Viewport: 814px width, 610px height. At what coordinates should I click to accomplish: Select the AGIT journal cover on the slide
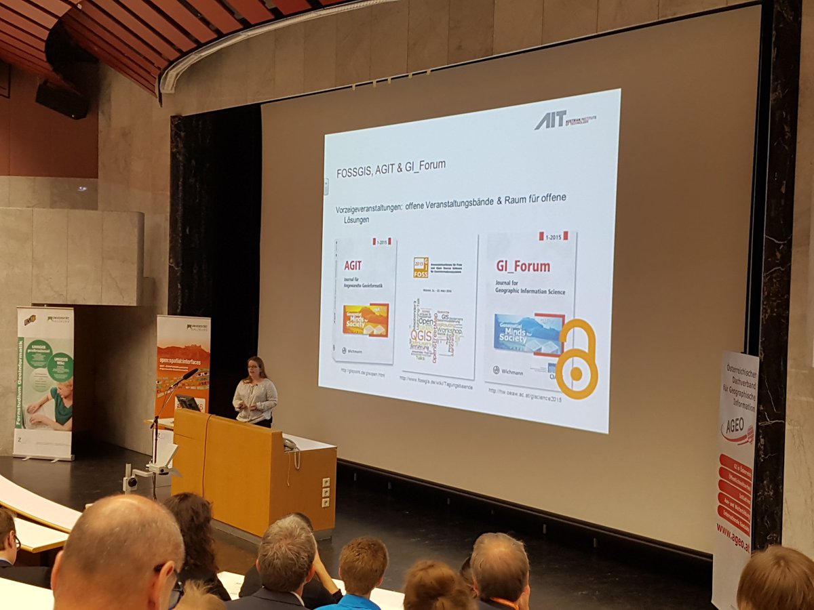pyautogui.click(x=364, y=300)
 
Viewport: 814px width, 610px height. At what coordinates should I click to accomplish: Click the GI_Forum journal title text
pyautogui.click(x=523, y=266)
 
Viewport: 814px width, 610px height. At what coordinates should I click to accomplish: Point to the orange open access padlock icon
pyautogui.click(x=577, y=360)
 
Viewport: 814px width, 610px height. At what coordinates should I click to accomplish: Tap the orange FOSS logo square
pyautogui.click(x=421, y=267)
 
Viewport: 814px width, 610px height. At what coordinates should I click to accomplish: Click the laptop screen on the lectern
pyautogui.click(x=187, y=403)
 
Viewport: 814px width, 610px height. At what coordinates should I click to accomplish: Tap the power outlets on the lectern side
pyautogui.click(x=326, y=492)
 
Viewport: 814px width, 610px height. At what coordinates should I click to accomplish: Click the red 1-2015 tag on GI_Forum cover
pyautogui.click(x=554, y=235)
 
